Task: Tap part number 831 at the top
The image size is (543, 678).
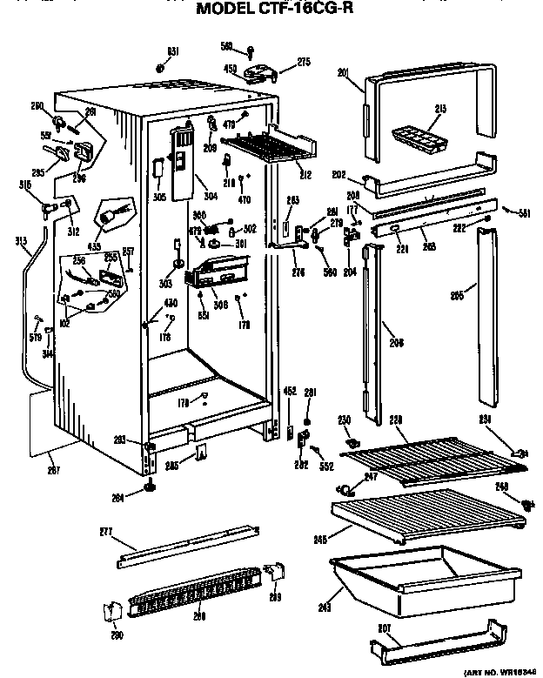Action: coord(173,52)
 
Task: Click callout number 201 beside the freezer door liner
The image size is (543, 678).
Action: coord(343,73)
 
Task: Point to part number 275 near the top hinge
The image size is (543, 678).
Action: coord(304,61)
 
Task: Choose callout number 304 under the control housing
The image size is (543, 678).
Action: coord(210,197)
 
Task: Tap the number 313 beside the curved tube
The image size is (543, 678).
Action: coord(20,241)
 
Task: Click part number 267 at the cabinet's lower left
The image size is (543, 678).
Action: coord(50,469)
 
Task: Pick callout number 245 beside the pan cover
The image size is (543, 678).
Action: coord(320,540)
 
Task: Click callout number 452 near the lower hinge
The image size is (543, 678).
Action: coord(289,392)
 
